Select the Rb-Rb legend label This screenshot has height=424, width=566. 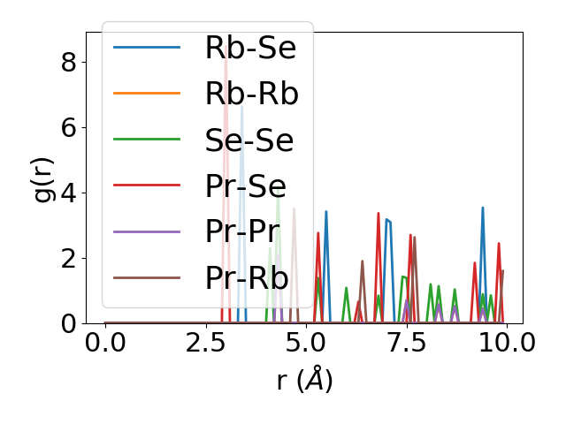click(x=251, y=94)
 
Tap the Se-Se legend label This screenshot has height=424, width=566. click(x=249, y=140)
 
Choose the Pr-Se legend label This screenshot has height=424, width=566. click(x=245, y=185)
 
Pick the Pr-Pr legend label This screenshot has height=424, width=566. click(x=242, y=231)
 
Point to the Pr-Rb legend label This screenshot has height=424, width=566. click(x=247, y=277)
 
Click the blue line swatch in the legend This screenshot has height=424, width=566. click(x=147, y=48)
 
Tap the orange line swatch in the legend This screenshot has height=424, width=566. click(x=147, y=94)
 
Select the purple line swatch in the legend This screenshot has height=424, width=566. click(x=147, y=231)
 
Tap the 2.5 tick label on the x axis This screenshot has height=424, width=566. click(x=205, y=343)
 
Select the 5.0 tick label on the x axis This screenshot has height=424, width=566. click(x=306, y=343)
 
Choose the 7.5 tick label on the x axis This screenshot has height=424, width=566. click(x=406, y=343)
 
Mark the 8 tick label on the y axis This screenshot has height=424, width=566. click(x=68, y=63)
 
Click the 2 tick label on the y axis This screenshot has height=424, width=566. click(x=68, y=259)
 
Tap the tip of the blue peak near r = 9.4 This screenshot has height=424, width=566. click(x=483, y=208)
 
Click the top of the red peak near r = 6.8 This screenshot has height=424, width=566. click(x=379, y=213)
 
